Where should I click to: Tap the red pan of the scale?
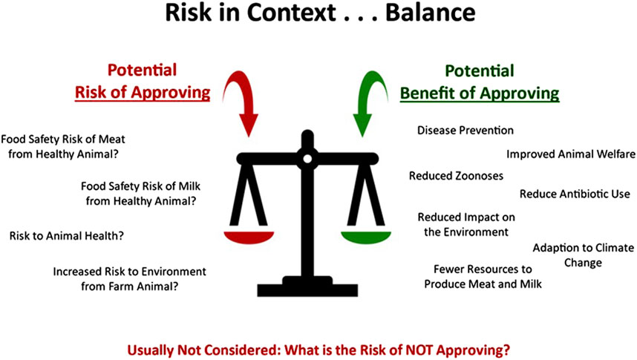pos(249,237)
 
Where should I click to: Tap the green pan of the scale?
pos(365,237)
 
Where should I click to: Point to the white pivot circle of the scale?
pos(307,159)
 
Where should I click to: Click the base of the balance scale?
pos(307,287)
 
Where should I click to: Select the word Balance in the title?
pos(430,13)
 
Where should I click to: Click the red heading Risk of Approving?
pos(143,92)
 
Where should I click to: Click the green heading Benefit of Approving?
pos(480,93)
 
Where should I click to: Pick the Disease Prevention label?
pos(465,131)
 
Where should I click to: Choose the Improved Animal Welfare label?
pos(571,154)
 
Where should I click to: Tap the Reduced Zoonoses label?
pos(456,176)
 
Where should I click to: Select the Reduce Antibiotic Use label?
pos(575,194)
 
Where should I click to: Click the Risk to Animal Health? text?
pos(67,236)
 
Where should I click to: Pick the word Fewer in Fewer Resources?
pos(448,269)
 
